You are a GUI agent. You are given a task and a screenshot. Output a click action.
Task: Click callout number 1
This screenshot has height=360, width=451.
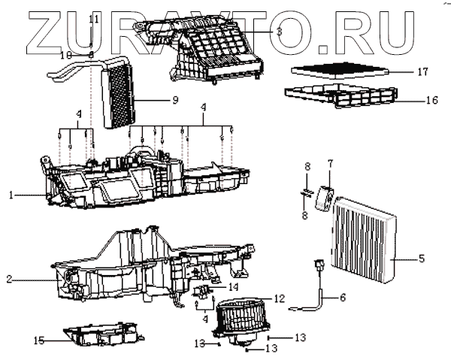pos(11,195)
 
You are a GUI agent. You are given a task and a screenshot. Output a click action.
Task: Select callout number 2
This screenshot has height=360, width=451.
pos(9,280)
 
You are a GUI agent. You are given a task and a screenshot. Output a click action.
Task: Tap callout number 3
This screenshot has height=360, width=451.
pos(279,32)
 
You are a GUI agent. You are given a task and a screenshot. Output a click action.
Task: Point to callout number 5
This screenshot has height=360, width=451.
pos(422,259)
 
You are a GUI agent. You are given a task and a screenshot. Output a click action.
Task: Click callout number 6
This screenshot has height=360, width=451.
pos(344,298)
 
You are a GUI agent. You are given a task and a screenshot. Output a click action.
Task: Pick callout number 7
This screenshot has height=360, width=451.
pos(329,163)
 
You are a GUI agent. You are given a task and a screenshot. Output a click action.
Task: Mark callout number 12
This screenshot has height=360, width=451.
pos(280,298)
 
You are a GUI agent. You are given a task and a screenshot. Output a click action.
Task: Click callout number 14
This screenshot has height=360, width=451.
pos(234,286)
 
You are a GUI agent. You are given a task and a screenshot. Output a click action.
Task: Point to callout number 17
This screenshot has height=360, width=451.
pos(422,72)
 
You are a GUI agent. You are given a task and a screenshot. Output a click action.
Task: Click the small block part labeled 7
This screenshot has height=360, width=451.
pos(325,196)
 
